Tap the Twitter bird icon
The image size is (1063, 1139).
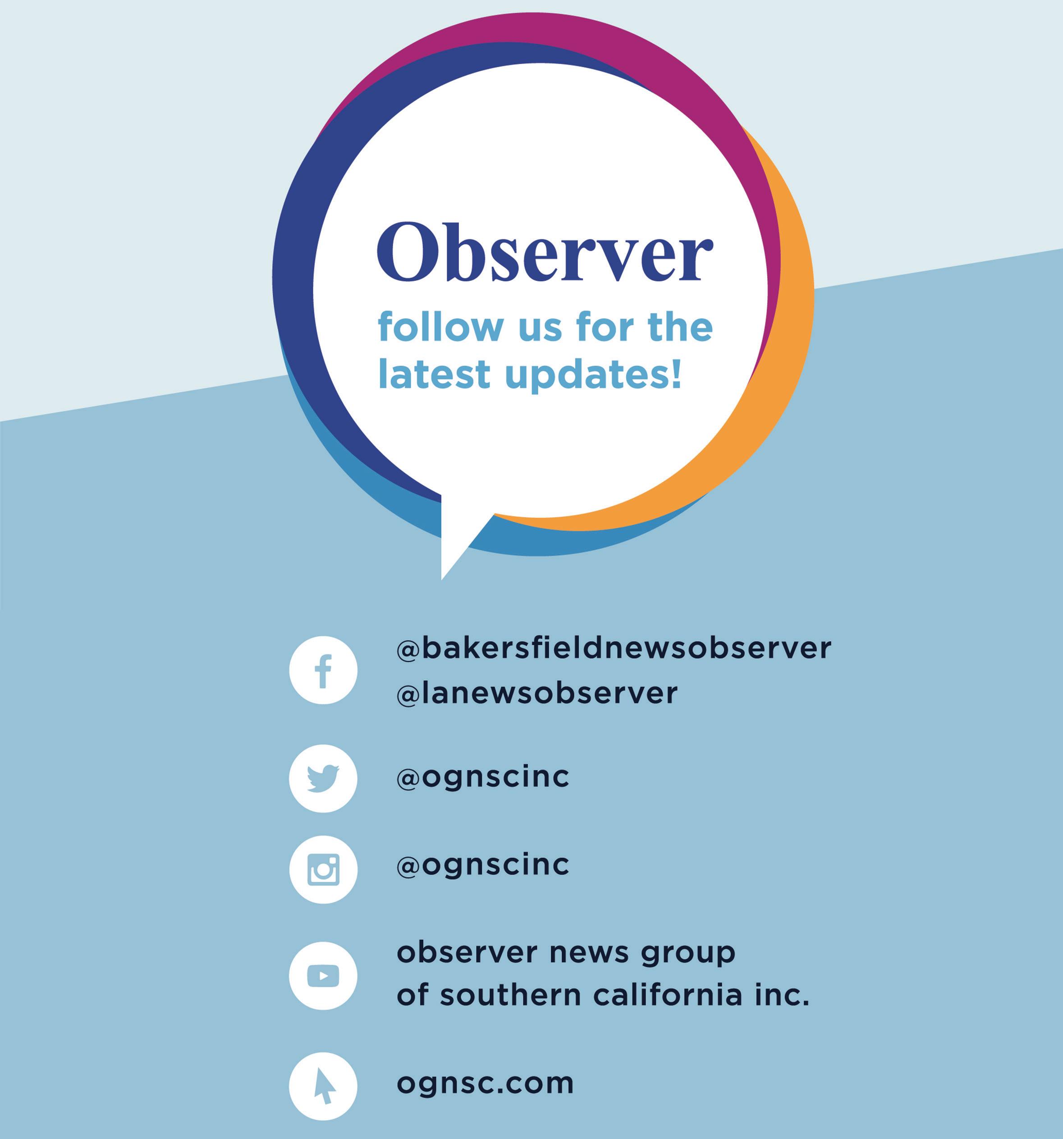[323, 778]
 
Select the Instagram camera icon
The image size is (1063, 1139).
[323, 869]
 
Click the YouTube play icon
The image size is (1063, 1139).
[323, 976]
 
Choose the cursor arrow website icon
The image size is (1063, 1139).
[323, 1086]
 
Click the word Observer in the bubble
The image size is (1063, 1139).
[545, 252]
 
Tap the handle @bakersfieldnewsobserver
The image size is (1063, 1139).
[614, 648]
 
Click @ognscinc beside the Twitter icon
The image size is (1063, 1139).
[483, 777]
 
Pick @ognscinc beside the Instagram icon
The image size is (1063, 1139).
[483, 865]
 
